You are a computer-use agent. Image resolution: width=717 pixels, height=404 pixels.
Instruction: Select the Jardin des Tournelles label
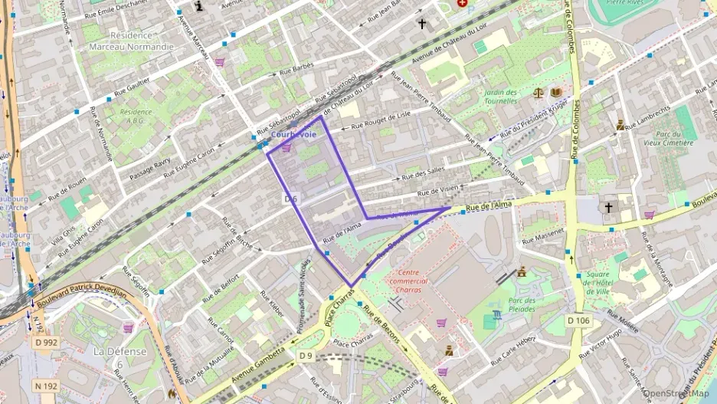pos(503,97)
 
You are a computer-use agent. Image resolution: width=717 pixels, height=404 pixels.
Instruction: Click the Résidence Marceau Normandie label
pos(131,41)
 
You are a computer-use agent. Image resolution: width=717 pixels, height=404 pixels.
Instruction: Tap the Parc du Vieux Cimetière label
pos(668,137)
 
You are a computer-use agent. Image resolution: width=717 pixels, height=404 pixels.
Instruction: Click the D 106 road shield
pos(579,319)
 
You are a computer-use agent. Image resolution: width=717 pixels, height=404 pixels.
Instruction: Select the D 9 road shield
pos(306,356)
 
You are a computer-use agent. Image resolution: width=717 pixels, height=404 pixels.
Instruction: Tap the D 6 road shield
pos(290,199)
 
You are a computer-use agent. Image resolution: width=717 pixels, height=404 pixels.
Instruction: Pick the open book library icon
pos(555,93)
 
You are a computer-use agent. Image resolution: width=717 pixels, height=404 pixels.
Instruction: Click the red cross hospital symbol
pos(461,3)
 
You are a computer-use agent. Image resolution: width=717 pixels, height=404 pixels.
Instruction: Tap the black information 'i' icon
pos(200,6)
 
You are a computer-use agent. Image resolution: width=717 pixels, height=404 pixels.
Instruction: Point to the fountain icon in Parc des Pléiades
pos(498,314)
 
